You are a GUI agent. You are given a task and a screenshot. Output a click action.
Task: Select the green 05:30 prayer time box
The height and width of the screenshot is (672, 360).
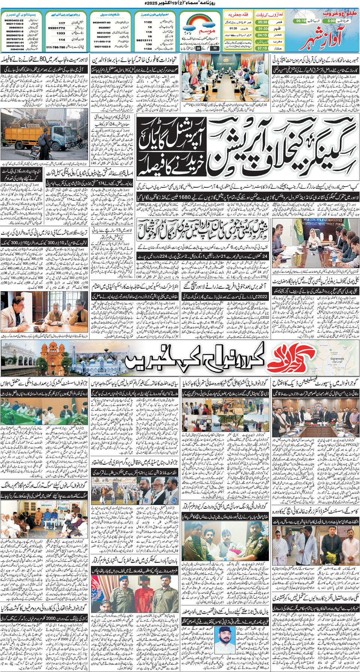[x=262, y=22]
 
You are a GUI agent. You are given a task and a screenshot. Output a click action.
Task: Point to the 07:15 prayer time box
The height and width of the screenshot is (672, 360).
[x=262, y=48]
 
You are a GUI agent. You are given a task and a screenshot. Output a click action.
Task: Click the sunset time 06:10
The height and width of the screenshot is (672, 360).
[x=301, y=21]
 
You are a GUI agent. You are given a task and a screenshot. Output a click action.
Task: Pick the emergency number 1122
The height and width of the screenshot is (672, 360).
[x=148, y=22]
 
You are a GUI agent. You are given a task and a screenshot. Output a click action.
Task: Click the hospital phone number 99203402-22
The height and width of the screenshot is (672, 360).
[x=14, y=20]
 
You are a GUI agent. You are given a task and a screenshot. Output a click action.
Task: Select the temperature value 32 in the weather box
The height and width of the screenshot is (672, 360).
[x=214, y=48]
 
